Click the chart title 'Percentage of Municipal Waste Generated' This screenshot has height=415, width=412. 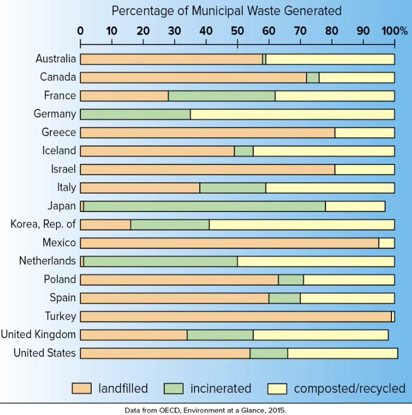(x=227, y=11)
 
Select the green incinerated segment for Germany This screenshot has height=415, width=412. (x=135, y=114)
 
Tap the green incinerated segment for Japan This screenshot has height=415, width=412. (x=204, y=206)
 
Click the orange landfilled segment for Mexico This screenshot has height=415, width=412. (x=229, y=243)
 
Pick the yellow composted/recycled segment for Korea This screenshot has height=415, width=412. (x=301, y=224)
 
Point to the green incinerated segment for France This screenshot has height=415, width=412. (x=221, y=96)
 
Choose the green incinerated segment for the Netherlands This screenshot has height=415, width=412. (x=160, y=261)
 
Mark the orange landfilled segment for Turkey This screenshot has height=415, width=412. (x=236, y=316)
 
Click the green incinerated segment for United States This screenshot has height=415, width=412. (x=269, y=353)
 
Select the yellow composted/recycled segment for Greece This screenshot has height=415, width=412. (x=364, y=133)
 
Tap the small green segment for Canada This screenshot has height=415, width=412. (x=313, y=77)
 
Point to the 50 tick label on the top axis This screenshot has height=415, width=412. (x=237, y=30)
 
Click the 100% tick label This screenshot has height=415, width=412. (x=396, y=30)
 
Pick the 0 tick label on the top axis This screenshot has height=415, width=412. (x=81, y=30)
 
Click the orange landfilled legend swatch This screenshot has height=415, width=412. (x=82, y=388)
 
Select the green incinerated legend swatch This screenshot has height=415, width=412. (x=173, y=388)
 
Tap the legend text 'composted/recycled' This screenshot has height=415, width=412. (x=349, y=388)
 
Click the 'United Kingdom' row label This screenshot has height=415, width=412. (x=38, y=335)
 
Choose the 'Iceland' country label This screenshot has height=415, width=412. (x=59, y=151)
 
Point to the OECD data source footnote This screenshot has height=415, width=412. (x=206, y=410)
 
